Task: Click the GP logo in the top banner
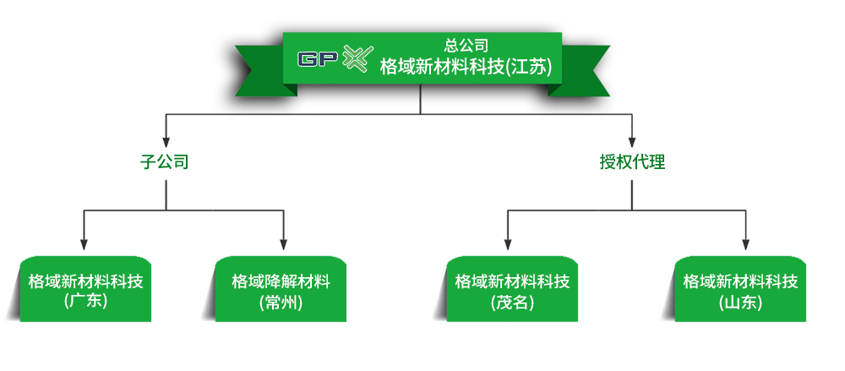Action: [x=319, y=59]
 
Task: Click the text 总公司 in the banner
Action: [x=466, y=46]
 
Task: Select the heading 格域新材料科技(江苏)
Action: [x=466, y=67]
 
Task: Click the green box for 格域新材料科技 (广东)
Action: [x=85, y=289]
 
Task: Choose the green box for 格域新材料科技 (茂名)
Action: [x=512, y=289]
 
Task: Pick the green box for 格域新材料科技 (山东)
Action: [x=740, y=289]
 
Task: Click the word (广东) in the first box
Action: [x=85, y=301]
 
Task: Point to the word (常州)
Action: [x=281, y=302]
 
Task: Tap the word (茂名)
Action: [x=512, y=302]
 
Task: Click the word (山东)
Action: [x=740, y=302]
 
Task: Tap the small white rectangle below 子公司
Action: [x=243, y=204]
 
